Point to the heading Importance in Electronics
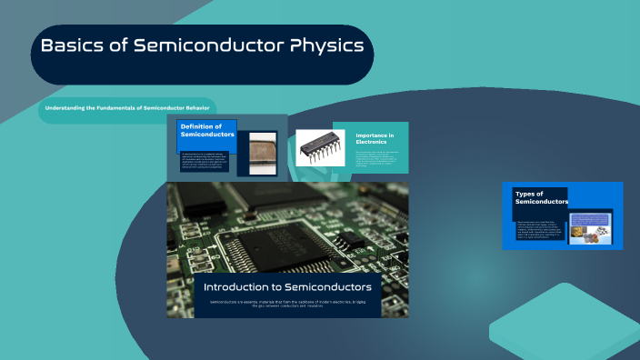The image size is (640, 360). click(x=375, y=139)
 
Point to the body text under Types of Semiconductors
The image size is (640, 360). click(x=538, y=230)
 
